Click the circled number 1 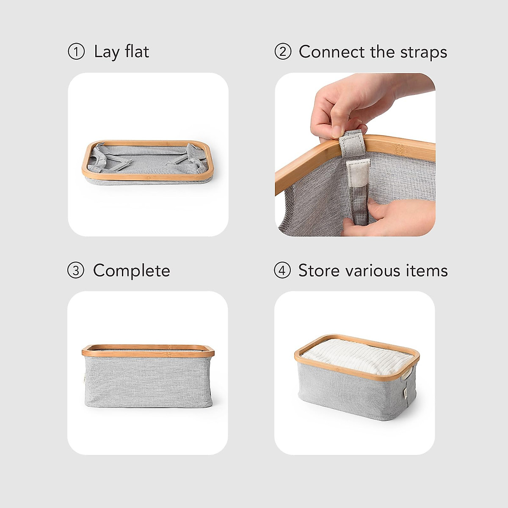pyautogui.click(x=76, y=52)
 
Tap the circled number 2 pyautogui.click(x=283, y=52)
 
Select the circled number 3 pyautogui.click(x=76, y=271)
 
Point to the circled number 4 pyautogui.click(x=282, y=271)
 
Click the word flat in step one pyautogui.click(x=137, y=52)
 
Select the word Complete pyautogui.click(x=131, y=271)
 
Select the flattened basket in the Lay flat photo pyautogui.click(x=148, y=163)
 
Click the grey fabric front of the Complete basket pyautogui.click(x=148, y=381)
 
